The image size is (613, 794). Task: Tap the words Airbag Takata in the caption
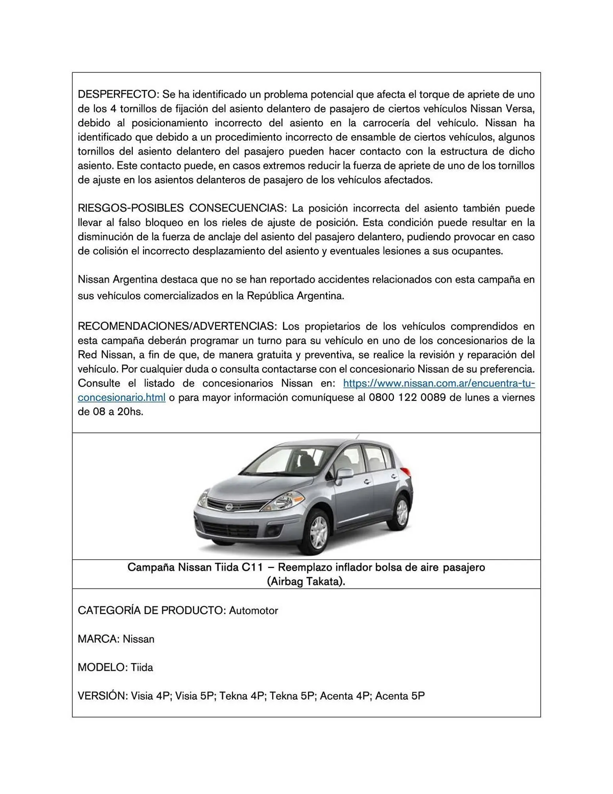[306, 582]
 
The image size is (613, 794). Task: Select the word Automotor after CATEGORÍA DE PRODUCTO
[253, 611]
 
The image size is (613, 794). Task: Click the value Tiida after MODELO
[142, 667]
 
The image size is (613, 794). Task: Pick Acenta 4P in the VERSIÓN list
[344, 696]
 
